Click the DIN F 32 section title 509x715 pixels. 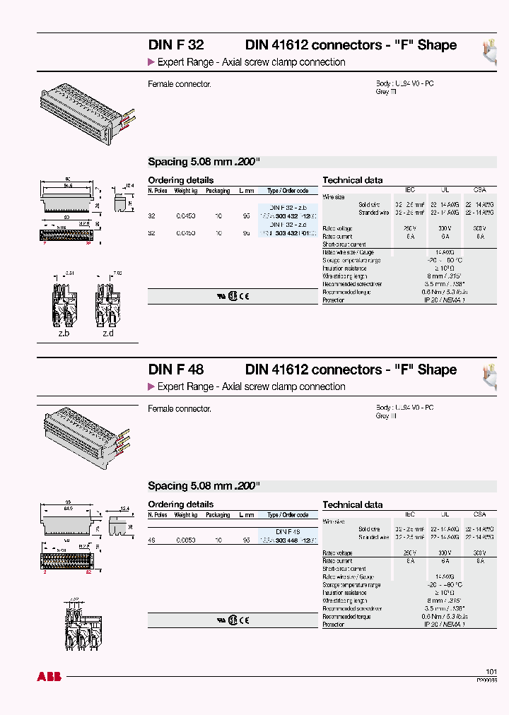point(175,45)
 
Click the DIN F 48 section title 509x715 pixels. point(175,370)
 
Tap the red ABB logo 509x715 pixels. point(49,677)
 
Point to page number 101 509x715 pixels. point(491,671)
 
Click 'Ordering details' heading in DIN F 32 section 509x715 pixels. point(180,180)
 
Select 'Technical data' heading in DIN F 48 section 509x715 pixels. point(352,504)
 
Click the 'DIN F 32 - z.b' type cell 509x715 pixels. point(288,206)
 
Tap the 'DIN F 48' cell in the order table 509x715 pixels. point(288,531)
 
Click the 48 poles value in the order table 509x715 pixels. point(151,540)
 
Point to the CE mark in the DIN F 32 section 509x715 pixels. point(244,297)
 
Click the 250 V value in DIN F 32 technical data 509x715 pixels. point(409,228)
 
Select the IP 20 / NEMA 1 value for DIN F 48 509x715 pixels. point(445,625)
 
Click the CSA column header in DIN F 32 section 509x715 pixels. point(480,190)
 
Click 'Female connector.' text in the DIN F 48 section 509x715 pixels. point(180,409)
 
